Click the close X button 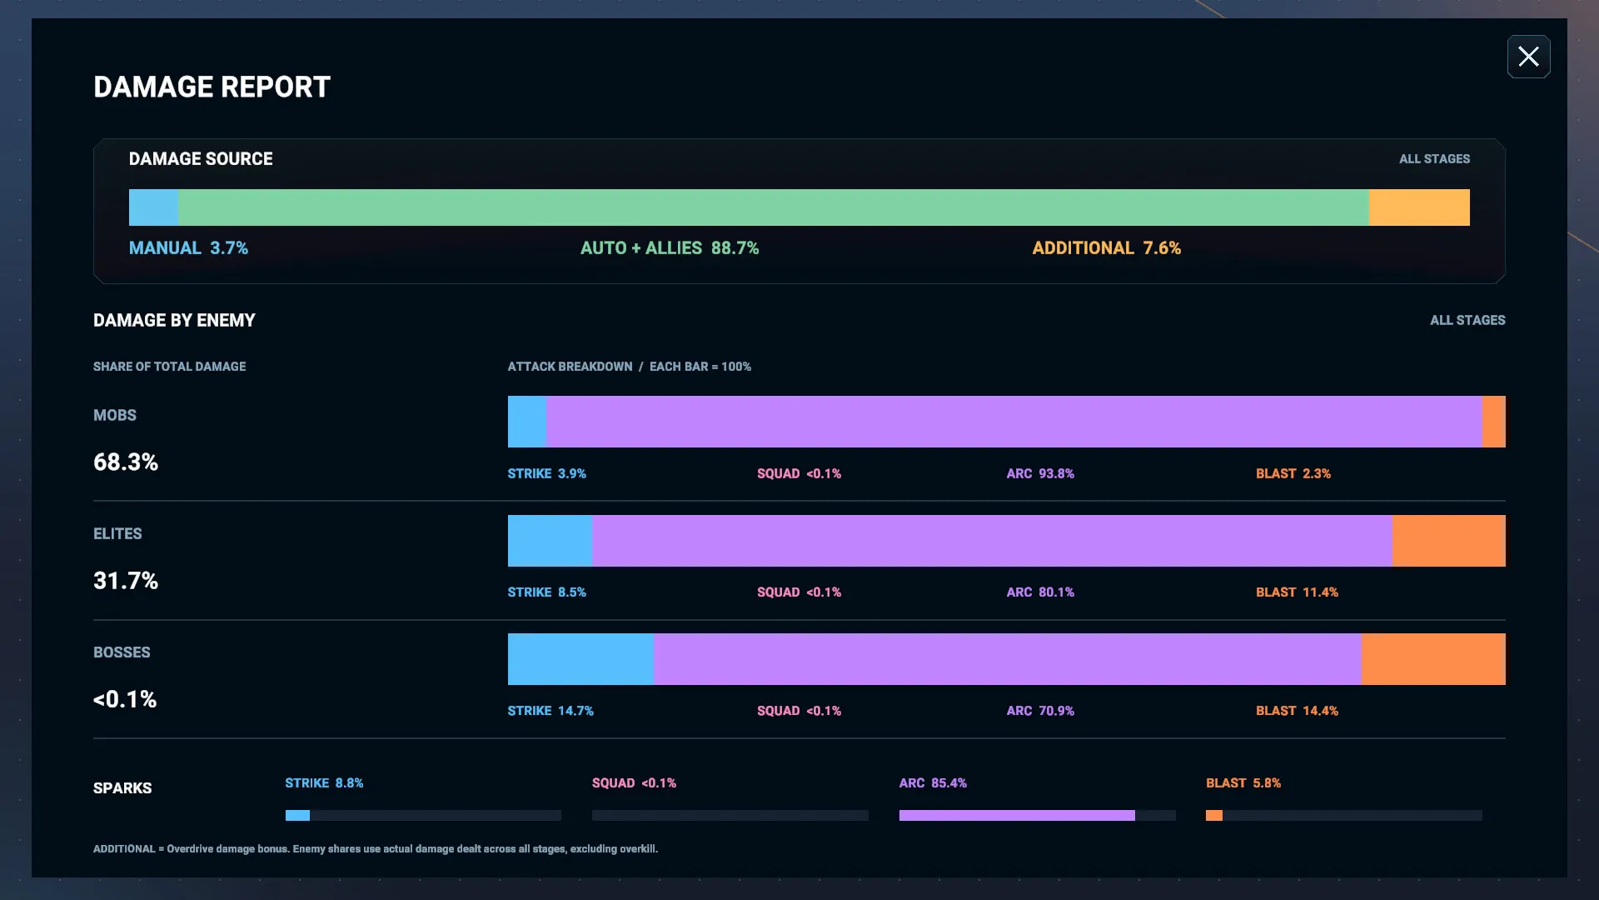[x=1528, y=57]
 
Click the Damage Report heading [x=212, y=87]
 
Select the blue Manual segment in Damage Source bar [x=153, y=207]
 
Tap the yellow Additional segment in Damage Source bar [x=1419, y=207]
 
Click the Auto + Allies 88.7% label [x=670, y=248]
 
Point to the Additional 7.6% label [x=1107, y=248]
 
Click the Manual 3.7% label [x=188, y=248]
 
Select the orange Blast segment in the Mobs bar [x=1494, y=422]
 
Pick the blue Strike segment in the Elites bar [x=550, y=541]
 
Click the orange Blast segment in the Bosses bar [x=1433, y=659]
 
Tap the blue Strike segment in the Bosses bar [x=580, y=659]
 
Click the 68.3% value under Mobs [x=126, y=462]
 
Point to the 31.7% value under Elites [x=126, y=581]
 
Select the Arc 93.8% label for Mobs [x=1040, y=473]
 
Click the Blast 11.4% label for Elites [x=1297, y=592]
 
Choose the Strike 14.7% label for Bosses [x=550, y=711]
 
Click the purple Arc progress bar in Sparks [x=1017, y=816]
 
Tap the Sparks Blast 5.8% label [x=1243, y=783]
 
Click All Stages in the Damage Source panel [x=1434, y=159]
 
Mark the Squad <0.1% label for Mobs [x=799, y=473]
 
